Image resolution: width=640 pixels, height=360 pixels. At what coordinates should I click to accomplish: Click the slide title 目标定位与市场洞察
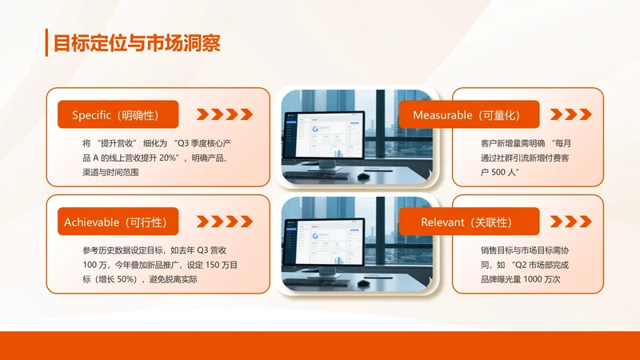137,43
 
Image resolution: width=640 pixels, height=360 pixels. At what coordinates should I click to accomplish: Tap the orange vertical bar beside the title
47,43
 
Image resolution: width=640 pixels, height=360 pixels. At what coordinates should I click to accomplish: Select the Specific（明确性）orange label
118,114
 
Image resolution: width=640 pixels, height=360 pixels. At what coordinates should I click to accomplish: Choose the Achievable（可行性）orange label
118,221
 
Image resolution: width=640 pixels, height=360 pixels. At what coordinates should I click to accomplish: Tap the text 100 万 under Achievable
94,265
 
